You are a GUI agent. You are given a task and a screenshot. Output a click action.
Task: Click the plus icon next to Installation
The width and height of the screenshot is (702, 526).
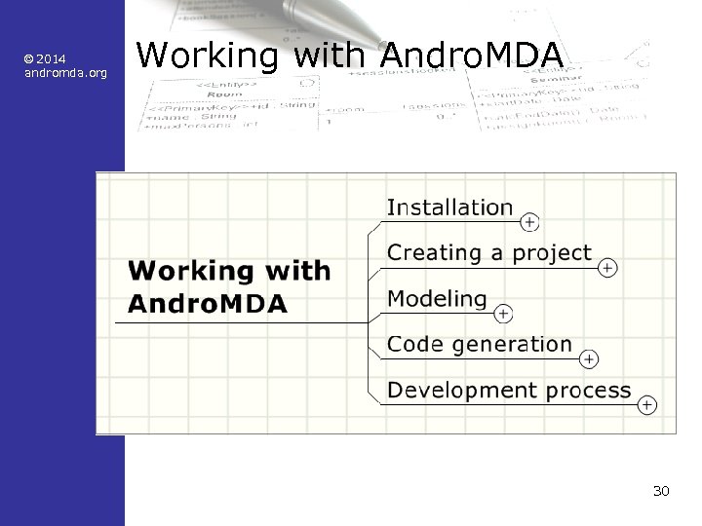tap(528, 223)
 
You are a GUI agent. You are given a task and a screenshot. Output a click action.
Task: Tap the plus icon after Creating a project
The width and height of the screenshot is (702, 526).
tap(607, 267)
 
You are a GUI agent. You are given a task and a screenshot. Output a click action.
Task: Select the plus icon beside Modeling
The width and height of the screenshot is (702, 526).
tap(503, 314)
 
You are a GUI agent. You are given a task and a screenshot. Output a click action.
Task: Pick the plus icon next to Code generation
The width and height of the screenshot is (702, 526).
tap(589, 359)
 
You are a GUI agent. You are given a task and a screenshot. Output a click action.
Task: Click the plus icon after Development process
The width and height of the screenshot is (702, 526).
tap(646, 404)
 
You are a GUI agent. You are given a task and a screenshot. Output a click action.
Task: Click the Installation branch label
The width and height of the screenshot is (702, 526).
tap(449, 207)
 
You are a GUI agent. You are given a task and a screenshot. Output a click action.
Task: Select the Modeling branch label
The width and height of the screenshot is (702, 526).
tap(437, 299)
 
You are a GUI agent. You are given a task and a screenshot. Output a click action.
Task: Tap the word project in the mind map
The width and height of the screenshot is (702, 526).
tap(552, 253)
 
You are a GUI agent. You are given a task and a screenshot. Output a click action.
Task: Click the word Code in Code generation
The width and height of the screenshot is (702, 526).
tap(410, 344)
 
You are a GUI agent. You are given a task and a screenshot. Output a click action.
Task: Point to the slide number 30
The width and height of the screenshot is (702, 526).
tap(661, 491)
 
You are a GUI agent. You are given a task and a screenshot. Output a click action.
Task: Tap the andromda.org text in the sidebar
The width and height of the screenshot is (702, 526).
tap(65, 73)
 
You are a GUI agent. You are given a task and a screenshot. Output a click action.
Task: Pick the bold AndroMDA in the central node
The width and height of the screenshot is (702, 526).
tap(208, 303)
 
